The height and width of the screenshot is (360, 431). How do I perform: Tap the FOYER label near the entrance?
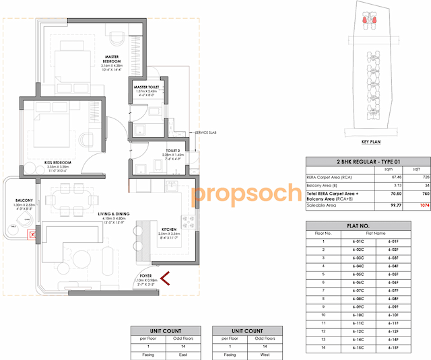147,275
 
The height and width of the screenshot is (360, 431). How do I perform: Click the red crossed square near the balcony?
30,236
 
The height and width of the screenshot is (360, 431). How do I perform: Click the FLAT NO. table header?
366,226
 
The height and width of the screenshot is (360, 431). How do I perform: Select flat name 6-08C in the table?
358,297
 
